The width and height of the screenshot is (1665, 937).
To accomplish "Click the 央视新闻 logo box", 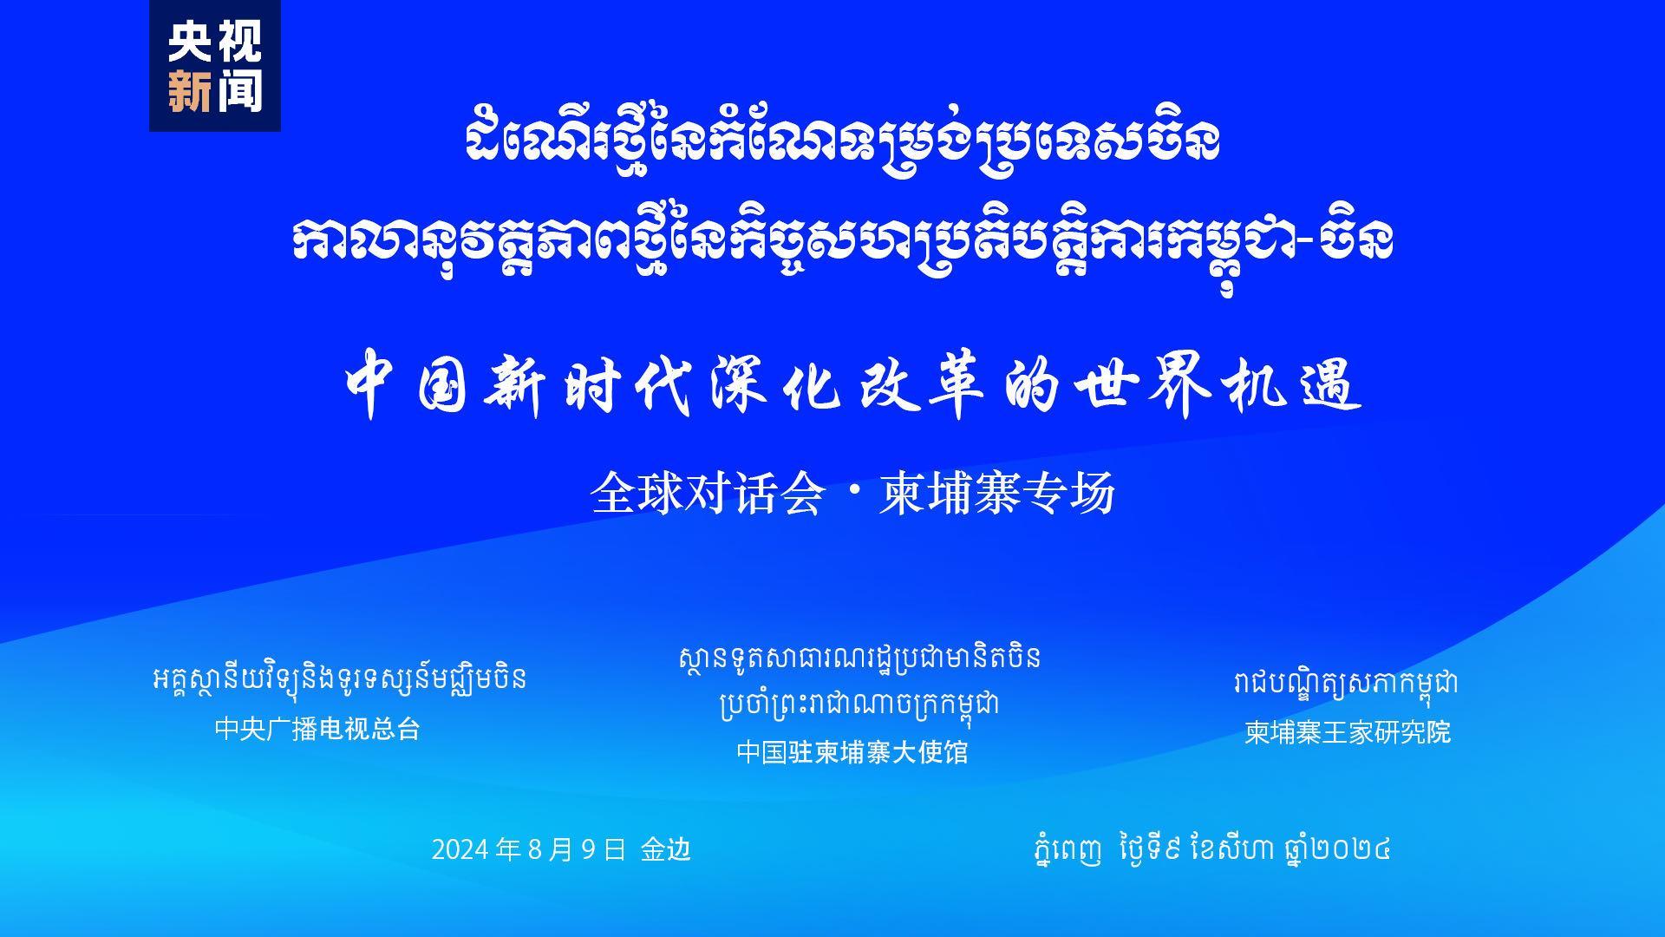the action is [214, 66].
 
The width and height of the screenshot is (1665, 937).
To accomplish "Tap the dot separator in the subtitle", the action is [851, 495].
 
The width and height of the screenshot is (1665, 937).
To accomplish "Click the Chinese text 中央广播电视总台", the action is [317, 729].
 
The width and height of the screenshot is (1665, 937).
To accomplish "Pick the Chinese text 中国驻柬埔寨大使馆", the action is [852, 751].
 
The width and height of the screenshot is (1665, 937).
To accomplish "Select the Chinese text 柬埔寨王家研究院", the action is [1348, 732].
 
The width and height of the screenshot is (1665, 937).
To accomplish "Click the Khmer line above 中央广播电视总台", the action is [339, 679].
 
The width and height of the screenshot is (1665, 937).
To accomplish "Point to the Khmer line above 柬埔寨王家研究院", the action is [1346, 684].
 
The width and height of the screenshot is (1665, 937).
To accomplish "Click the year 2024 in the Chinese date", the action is [462, 849].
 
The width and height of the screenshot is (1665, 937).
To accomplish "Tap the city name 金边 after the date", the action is [666, 849].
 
